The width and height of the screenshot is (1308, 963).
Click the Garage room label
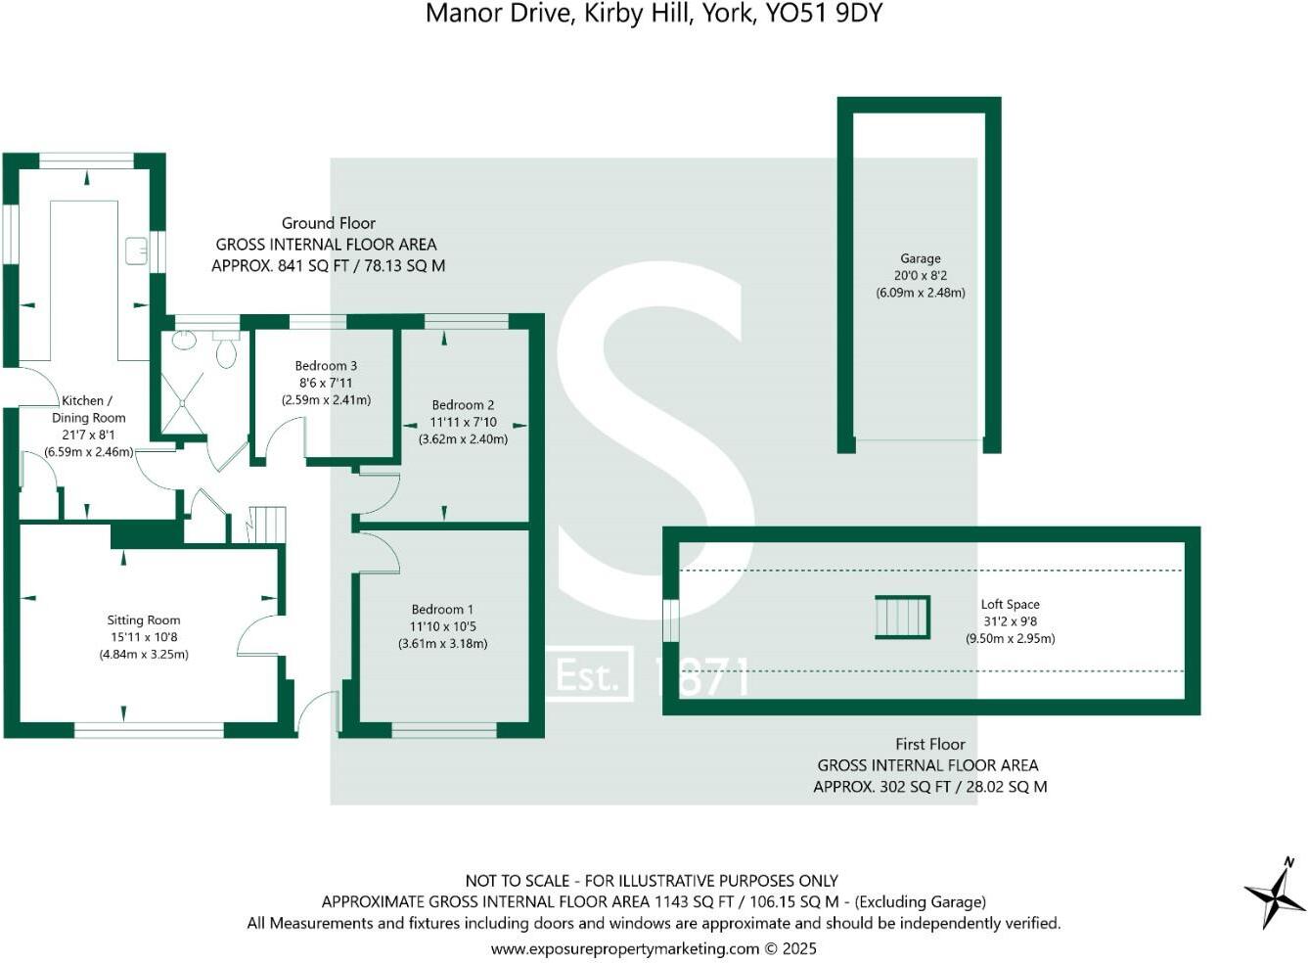920,258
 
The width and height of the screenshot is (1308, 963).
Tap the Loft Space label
1010,605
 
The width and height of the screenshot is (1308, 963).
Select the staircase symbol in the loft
902,618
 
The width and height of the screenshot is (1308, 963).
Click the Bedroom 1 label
442,609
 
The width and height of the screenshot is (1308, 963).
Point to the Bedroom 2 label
463,404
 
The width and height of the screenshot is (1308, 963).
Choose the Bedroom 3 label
326,366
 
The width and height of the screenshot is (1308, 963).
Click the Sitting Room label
144,619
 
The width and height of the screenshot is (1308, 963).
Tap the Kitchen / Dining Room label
88,409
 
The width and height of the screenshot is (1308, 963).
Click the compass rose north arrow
1276,893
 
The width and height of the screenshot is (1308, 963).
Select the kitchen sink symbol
136,252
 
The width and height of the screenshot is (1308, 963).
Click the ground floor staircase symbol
265,524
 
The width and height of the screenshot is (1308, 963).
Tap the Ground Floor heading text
329,223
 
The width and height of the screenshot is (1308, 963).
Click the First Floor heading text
929,744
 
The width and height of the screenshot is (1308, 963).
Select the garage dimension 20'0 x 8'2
920,276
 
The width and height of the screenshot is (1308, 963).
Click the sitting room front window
149,729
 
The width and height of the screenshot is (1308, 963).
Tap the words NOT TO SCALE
516,881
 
